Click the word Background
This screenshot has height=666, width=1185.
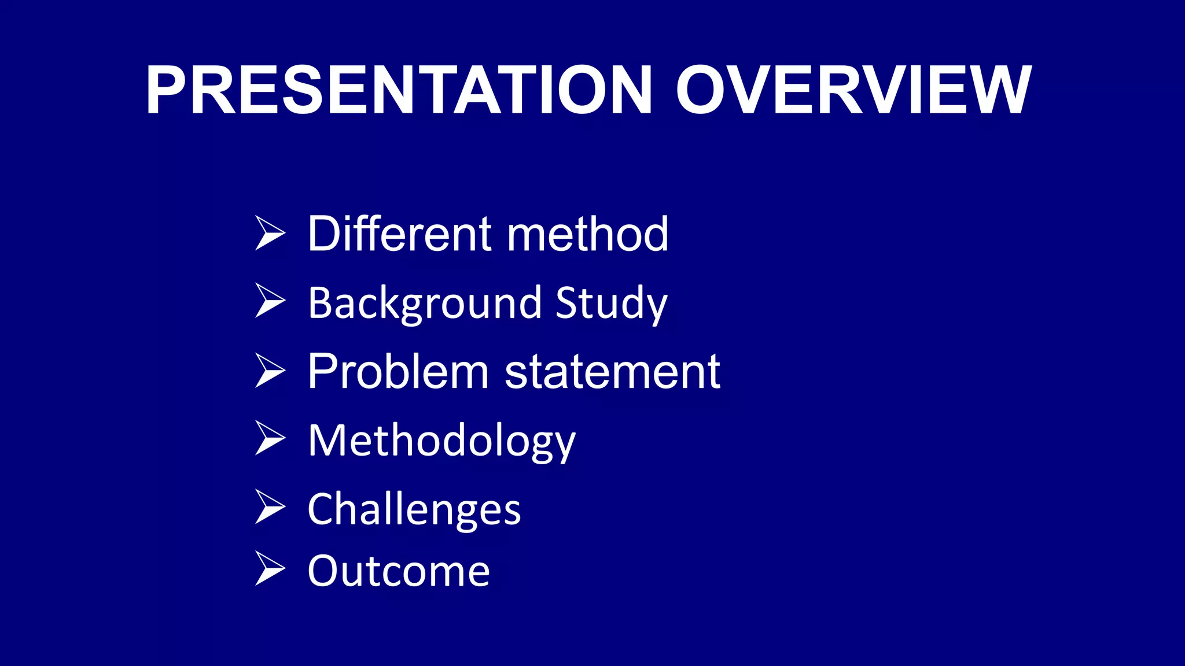tap(425, 303)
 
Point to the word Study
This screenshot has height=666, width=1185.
tap(611, 303)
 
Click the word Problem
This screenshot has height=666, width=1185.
tap(398, 371)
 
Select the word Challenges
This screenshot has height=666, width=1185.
tap(414, 509)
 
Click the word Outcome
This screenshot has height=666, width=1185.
tap(399, 571)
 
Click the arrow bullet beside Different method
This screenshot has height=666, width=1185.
tap(270, 234)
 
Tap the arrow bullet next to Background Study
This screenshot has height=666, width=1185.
tap(270, 301)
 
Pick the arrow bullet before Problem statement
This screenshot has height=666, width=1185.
tap(270, 371)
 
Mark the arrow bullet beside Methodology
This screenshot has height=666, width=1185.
tap(270, 438)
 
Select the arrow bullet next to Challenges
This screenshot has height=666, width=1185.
tap(270, 507)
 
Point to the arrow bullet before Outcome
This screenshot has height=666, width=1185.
tap(270, 569)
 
